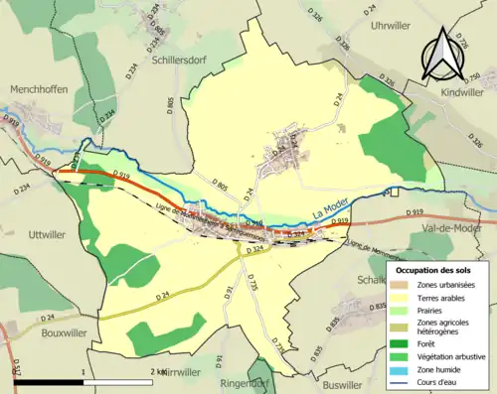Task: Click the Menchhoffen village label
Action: [x=39, y=89]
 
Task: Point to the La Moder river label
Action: [x=332, y=211]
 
